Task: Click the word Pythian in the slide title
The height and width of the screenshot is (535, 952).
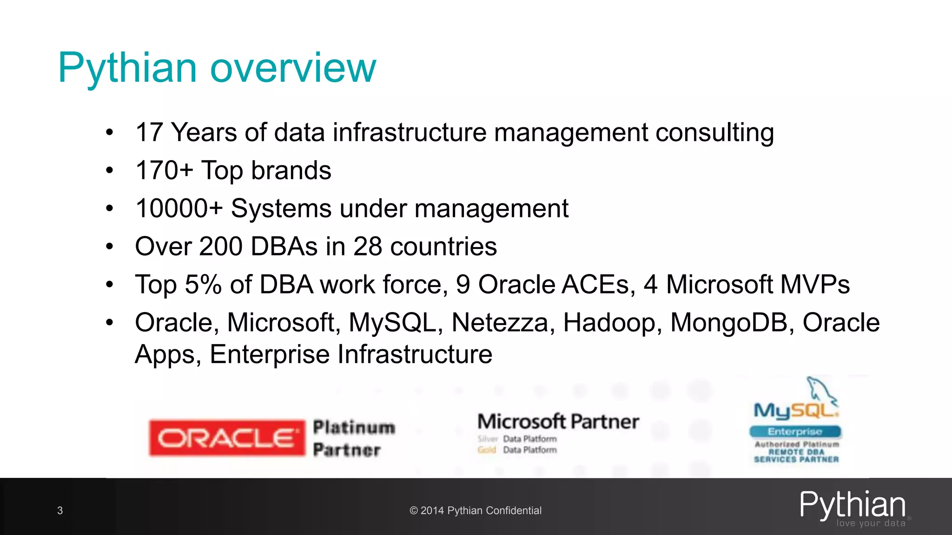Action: coord(128,68)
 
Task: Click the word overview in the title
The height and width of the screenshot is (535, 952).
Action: coord(293,68)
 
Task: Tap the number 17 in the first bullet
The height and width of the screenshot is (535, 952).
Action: coord(149,132)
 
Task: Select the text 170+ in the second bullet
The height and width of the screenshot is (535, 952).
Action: coord(164,170)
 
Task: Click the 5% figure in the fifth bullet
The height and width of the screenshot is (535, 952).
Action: coord(203,284)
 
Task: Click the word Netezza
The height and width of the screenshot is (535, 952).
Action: coord(500,322)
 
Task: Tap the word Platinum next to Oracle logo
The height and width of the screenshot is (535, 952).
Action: coord(354,427)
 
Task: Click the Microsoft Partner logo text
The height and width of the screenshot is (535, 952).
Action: coord(558,422)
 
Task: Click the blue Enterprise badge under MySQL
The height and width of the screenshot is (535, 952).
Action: coord(795,431)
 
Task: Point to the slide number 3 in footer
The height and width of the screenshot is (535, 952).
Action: coord(60,511)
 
